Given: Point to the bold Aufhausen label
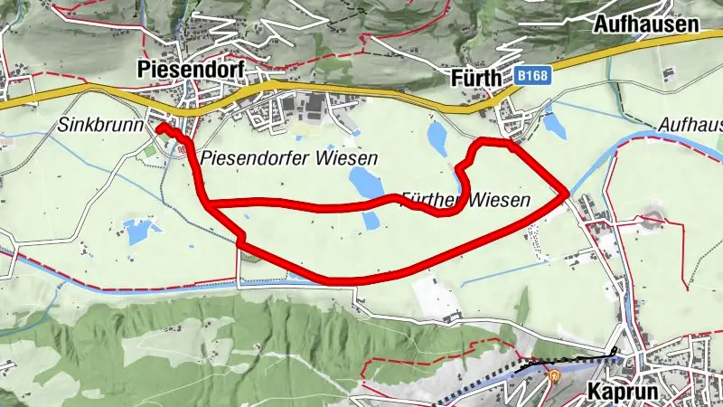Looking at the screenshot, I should (x=646, y=24).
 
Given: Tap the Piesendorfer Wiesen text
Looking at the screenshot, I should (x=288, y=157).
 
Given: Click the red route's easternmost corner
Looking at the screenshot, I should (x=567, y=192).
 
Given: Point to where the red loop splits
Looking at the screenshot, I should (x=210, y=204).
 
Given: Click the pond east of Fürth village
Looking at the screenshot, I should (x=555, y=127).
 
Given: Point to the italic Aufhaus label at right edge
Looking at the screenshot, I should (x=690, y=126).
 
